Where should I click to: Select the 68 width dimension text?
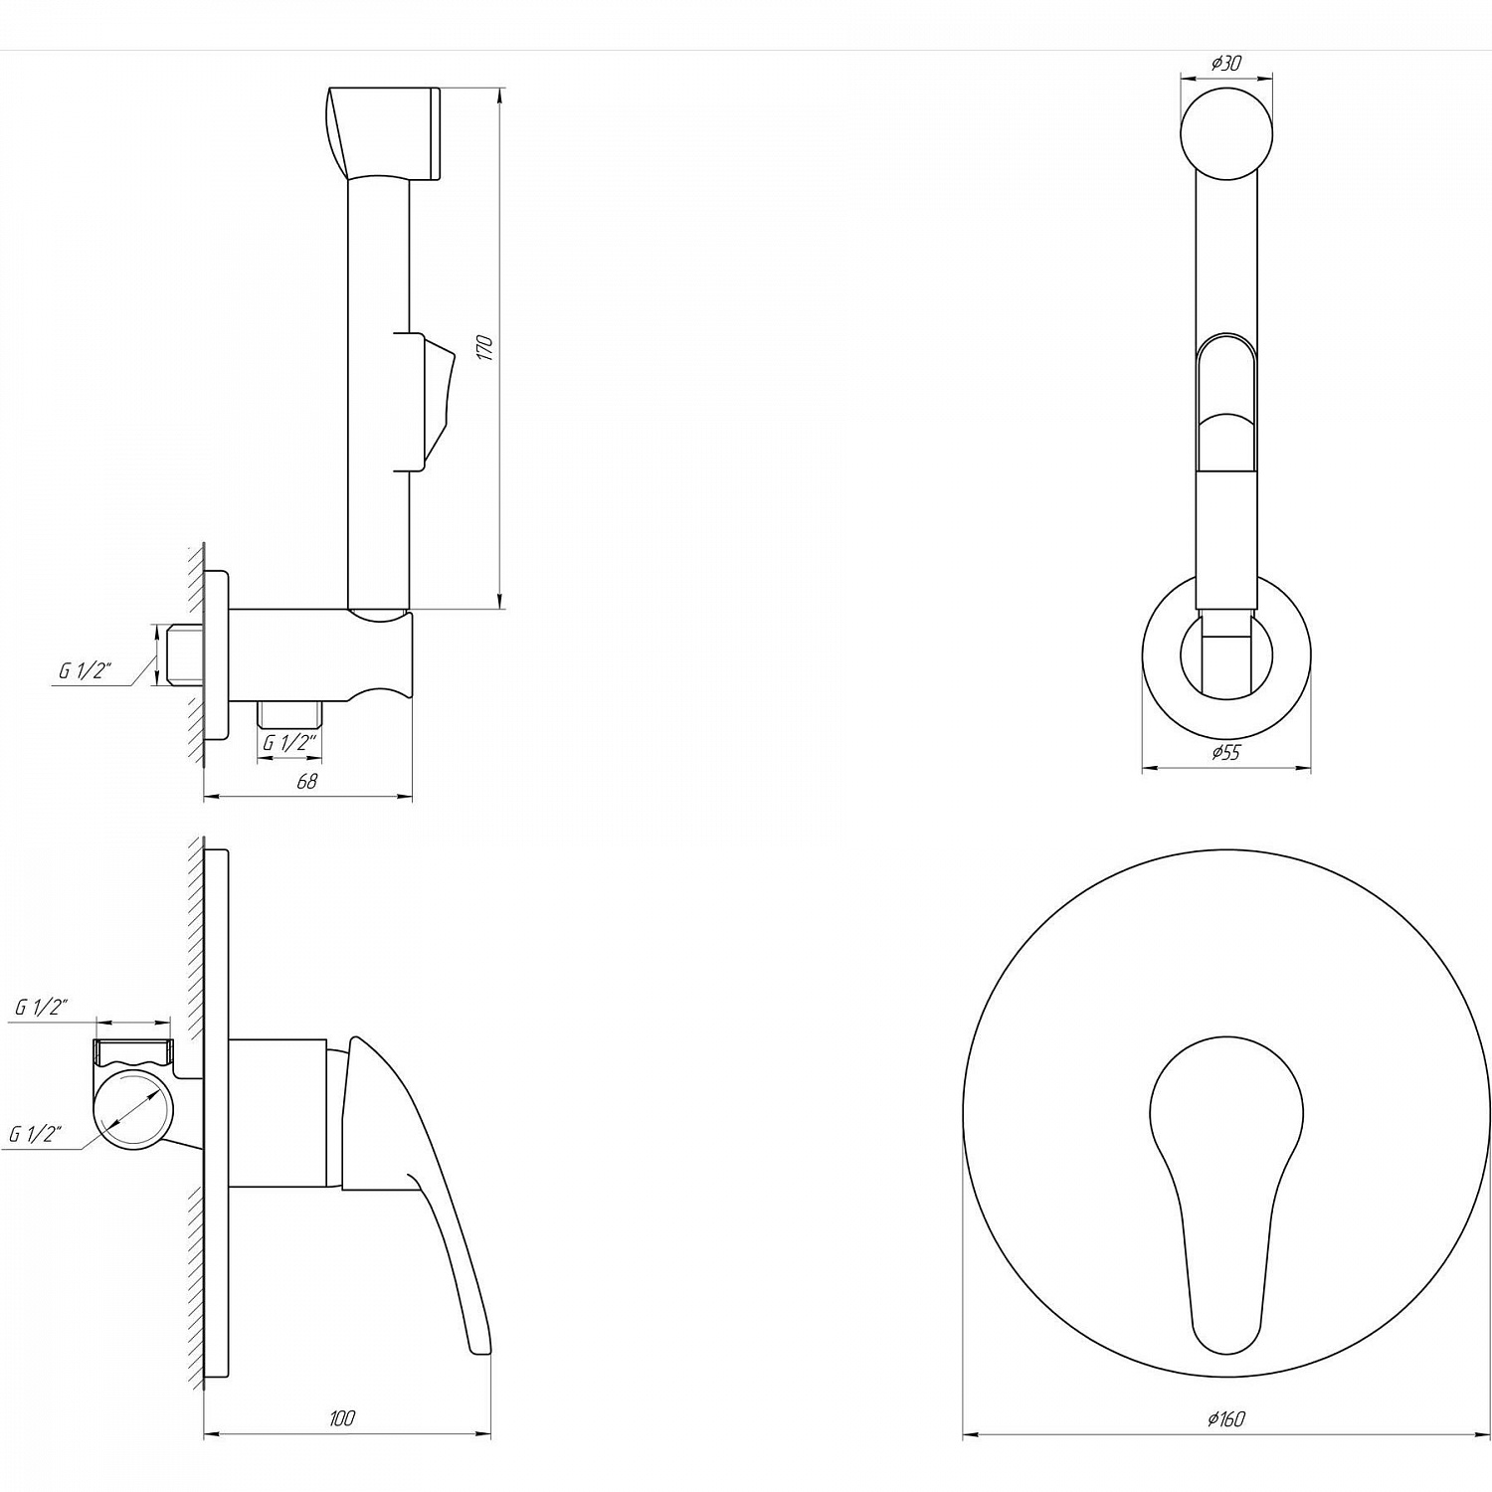coord(307,782)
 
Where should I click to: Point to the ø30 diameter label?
coord(1225,63)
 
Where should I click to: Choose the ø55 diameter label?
coord(1225,753)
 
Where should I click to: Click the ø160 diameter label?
coord(1225,1419)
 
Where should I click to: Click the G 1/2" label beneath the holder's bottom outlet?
coord(289,743)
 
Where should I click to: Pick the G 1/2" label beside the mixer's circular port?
coord(36,1134)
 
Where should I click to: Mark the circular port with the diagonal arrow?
coord(132,1113)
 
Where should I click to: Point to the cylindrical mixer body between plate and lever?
coord(279,1112)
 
